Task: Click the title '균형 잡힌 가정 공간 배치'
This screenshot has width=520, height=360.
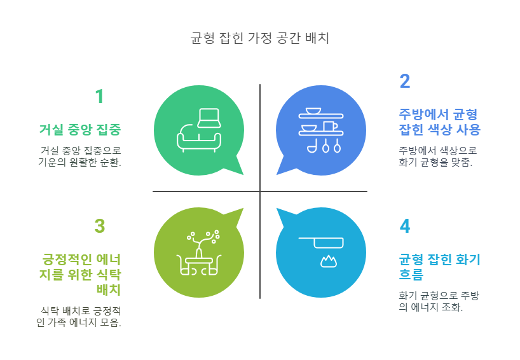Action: point(259,38)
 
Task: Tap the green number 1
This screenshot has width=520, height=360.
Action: point(99,97)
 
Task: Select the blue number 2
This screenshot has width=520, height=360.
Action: point(405,81)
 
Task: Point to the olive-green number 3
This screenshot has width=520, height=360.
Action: point(99,226)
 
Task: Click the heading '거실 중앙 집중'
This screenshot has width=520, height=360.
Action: point(80,130)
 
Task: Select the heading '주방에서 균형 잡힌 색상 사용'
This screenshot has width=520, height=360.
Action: point(439,122)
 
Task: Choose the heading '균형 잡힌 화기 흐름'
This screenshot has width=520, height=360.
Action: point(439,267)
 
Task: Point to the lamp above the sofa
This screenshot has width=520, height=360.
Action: point(209,117)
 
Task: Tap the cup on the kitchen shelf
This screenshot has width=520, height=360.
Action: point(329,126)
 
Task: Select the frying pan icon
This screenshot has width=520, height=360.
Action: point(322,242)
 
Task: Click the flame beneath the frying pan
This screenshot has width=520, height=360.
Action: point(328,261)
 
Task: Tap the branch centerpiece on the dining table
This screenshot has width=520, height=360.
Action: point(203,240)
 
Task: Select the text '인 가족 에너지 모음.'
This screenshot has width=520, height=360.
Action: point(79,322)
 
